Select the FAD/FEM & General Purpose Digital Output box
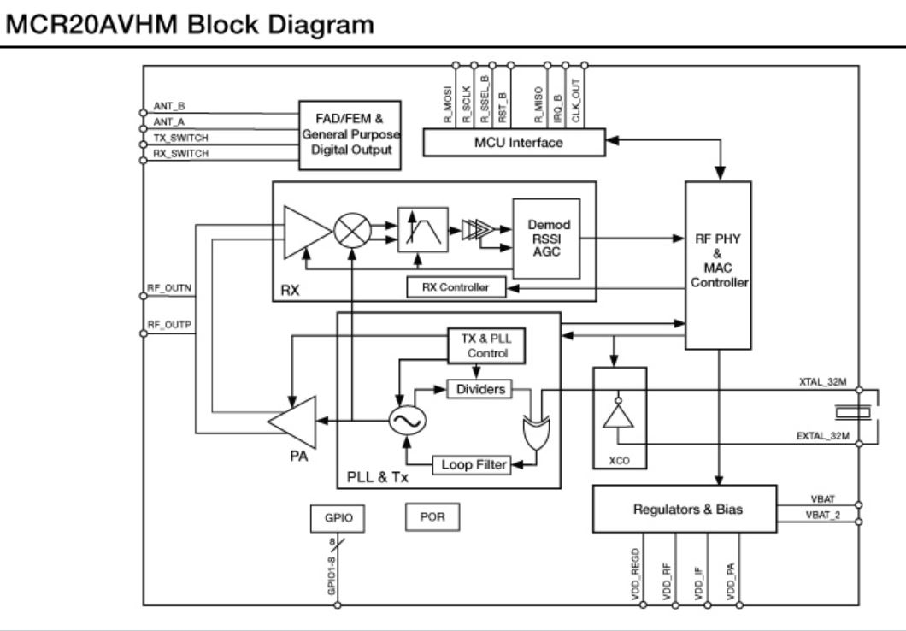[x=349, y=128]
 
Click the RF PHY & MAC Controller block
[x=717, y=264]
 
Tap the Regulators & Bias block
[x=685, y=510]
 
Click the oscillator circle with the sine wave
[x=406, y=419]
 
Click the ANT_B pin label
[x=165, y=107]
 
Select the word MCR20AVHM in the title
[x=91, y=25]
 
